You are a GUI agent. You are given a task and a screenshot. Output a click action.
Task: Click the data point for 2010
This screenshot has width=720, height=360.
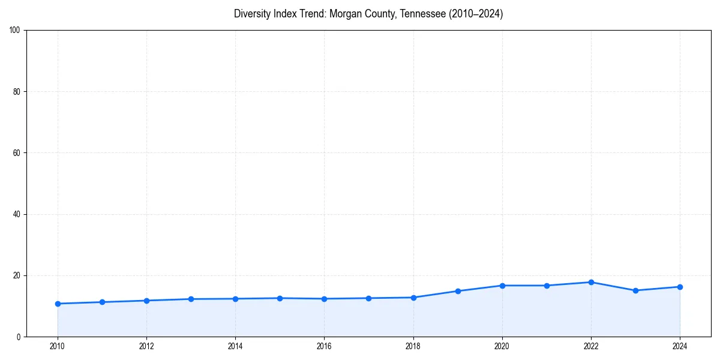pyautogui.click(x=58, y=304)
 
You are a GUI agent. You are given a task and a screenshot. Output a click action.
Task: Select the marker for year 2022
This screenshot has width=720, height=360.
pyautogui.click(x=591, y=282)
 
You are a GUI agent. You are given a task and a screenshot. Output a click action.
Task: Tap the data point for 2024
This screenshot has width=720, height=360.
pyautogui.click(x=680, y=287)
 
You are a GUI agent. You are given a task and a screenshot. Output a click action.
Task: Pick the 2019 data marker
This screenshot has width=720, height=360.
pyautogui.click(x=458, y=291)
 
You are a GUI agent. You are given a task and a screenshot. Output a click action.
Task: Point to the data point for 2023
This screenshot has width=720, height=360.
pyautogui.click(x=635, y=290)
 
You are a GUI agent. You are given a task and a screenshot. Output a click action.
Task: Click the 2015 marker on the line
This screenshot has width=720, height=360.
pyautogui.click(x=280, y=298)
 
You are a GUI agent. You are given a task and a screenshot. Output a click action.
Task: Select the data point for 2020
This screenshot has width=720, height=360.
pyautogui.click(x=502, y=286)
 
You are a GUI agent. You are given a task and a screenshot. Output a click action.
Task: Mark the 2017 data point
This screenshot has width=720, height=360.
pyautogui.click(x=368, y=298)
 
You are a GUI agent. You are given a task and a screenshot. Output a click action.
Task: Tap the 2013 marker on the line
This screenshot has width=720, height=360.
pyautogui.click(x=191, y=299)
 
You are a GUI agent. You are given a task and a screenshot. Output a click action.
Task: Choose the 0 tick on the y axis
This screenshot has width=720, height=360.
pyautogui.click(x=19, y=337)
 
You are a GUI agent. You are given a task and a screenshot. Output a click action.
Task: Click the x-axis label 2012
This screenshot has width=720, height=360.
pyautogui.click(x=146, y=346)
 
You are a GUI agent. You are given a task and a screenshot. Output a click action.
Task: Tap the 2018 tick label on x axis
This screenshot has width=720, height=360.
pyautogui.click(x=413, y=346)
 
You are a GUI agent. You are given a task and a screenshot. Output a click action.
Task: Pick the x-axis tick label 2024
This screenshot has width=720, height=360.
pyautogui.click(x=680, y=346)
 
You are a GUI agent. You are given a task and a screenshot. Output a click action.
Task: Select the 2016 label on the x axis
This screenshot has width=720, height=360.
pyautogui.click(x=324, y=346)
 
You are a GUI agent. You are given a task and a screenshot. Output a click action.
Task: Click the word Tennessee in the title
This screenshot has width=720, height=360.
pyautogui.click(x=422, y=14)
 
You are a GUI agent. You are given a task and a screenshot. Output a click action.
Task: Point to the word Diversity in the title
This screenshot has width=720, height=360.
pyautogui.click(x=251, y=14)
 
